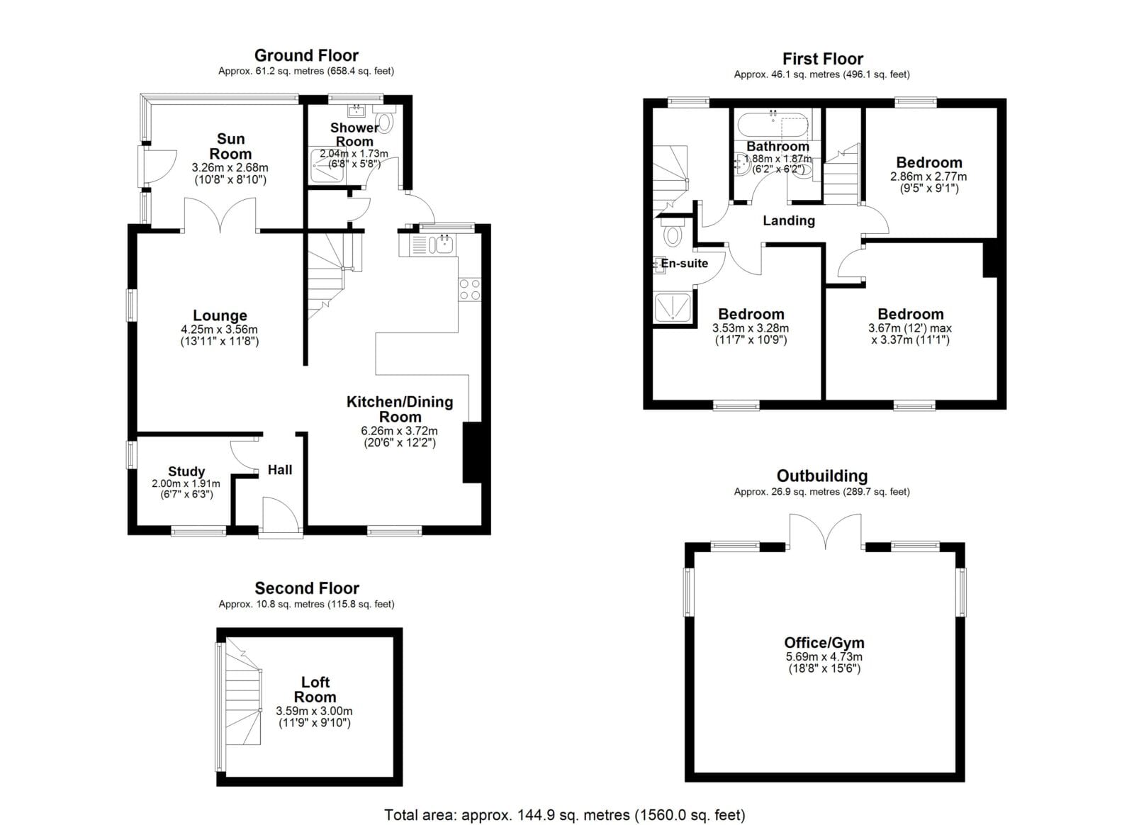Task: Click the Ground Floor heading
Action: (306, 55)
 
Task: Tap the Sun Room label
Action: (230, 146)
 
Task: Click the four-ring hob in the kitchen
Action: (470, 289)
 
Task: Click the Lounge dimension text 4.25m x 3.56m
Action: (220, 330)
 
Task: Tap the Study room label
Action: (186, 471)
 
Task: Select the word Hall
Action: (280, 470)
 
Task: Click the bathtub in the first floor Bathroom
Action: (773, 125)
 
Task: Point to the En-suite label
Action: (685, 263)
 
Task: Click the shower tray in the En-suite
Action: (673, 308)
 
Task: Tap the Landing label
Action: (789, 220)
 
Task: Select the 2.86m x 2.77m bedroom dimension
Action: (928, 176)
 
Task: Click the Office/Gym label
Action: (824, 643)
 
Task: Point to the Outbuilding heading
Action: (822, 476)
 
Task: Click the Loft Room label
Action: (315, 690)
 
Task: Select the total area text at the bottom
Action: (564, 815)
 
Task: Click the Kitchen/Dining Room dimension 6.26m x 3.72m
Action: (399, 431)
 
